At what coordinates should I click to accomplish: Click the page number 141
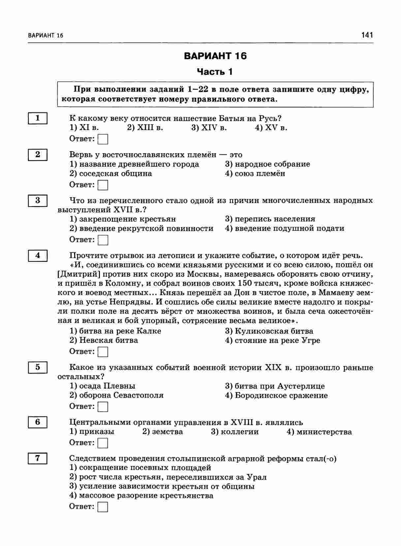pyautogui.click(x=367, y=35)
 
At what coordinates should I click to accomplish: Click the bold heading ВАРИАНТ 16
pyautogui.click(x=215, y=56)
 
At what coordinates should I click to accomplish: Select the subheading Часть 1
pyautogui.click(x=215, y=72)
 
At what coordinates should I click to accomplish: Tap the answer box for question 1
pyautogui.click(x=103, y=139)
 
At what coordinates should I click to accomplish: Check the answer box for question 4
pyautogui.click(x=103, y=352)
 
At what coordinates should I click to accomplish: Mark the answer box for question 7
pyautogui.click(x=103, y=507)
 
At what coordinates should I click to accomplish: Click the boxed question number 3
pyautogui.click(x=38, y=200)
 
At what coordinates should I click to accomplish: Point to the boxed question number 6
pyautogui.click(x=38, y=422)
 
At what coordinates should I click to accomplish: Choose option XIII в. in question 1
pyautogui.click(x=145, y=128)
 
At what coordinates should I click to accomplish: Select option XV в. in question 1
pyautogui.click(x=271, y=128)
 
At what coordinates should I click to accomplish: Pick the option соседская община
pyautogui.click(x=111, y=174)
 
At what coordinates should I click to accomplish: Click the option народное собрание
pyautogui.click(x=267, y=164)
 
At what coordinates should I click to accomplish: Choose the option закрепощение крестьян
pyautogui.click(x=123, y=219)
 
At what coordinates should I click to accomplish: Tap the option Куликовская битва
pyautogui.click(x=269, y=331)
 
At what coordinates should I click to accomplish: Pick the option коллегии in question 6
pyautogui.click(x=235, y=432)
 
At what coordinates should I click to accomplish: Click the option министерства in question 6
pyautogui.click(x=319, y=432)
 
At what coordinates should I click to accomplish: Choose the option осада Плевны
pyautogui.click(x=103, y=386)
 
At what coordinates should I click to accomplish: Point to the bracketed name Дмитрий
pyautogui.click(x=79, y=274)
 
